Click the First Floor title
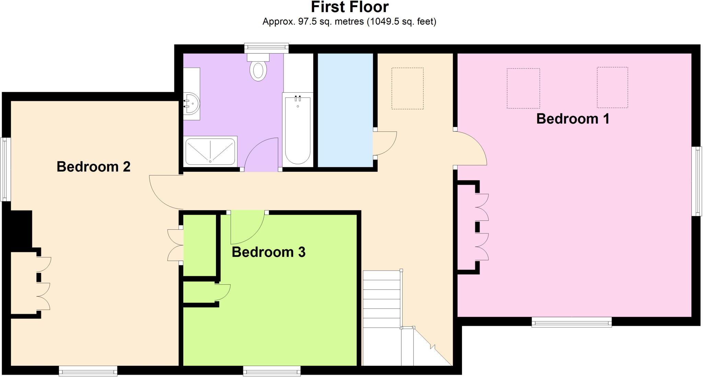349,7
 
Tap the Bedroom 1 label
573,119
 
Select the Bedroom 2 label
93,167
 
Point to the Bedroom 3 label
268,252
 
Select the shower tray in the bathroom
210,151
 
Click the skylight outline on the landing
407,89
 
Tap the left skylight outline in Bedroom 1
523,88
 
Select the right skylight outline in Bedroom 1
612,88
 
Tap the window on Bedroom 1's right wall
697,181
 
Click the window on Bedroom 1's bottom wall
572,322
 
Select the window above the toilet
266,48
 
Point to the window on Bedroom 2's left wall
5,169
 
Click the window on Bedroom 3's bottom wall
272,371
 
